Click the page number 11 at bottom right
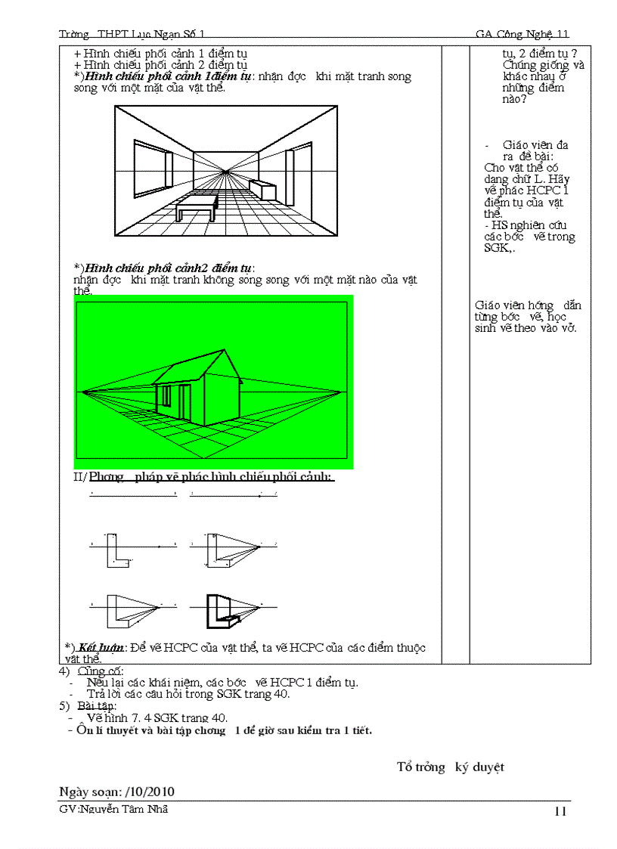click(560, 812)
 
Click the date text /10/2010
click(149, 792)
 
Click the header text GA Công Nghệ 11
click(522, 34)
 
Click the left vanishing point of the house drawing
click(81, 392)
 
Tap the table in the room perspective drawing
click(197, 205)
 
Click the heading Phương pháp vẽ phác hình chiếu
click(212, 477)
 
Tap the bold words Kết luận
click(102, 648)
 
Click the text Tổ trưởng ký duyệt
click(450, 767)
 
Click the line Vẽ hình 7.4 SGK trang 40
click(157, 717)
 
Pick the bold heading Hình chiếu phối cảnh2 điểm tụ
click(169, 268)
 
